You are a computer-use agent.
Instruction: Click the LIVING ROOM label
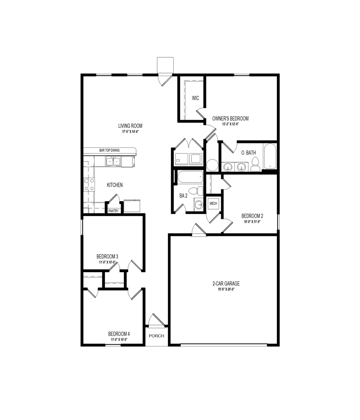click(132, 126)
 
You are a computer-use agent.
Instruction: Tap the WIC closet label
click(196, 98)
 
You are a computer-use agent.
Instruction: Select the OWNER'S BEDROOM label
click(231, 119)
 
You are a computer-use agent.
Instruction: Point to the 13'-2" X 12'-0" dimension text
click(231, 124)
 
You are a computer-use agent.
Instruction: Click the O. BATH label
click(248, 153)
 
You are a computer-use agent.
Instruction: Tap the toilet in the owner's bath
click(255, 164)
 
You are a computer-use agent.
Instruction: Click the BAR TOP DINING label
click(109, 150)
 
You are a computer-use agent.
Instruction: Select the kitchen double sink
click(113, 162)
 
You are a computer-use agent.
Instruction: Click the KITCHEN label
click(115, 185)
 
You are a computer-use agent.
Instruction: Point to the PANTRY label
click(113, 211)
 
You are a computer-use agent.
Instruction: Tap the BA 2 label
click(183, 196)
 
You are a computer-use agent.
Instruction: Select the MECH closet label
click(213, 203)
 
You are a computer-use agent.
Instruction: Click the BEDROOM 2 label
click(252, 216)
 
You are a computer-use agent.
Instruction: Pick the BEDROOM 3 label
click(107, 256)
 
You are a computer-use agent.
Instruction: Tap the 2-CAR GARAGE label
click(223, 283)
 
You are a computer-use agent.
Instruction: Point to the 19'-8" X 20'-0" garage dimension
click(223, 289)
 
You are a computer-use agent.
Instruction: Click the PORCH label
click(156, 336)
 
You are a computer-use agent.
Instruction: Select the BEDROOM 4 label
click(119, 334)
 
